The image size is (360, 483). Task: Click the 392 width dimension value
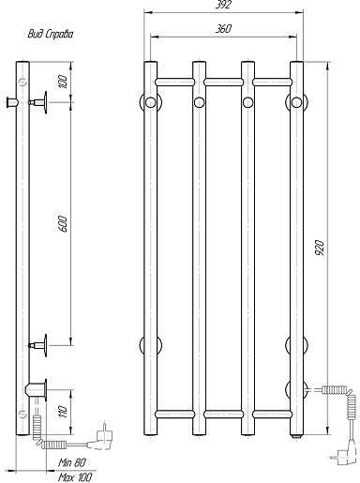coord(223,5)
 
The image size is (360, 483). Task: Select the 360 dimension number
coord(223,29)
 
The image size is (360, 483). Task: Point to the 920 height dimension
coord(320,248)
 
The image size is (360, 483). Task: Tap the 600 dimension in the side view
coord(63,223)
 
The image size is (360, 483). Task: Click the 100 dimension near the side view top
coord(63,82)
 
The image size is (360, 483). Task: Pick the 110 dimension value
coord(63,412)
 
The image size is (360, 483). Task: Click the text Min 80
coord(72,462)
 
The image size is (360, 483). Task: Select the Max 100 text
coord(75,477)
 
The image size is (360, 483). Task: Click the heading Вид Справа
coord(51,34)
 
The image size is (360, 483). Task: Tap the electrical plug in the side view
coord(101,436)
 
